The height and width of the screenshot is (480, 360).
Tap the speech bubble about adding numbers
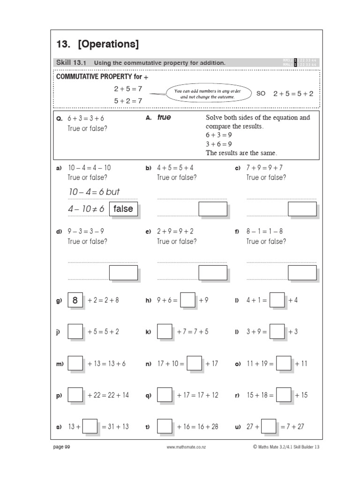(x=207, y=94)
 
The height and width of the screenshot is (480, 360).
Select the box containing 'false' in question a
(x=123, y=209)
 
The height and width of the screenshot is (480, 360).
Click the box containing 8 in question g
(x=75, y=300)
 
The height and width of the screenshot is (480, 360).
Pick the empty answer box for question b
(x=212, y=209)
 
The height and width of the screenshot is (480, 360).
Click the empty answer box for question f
(x=302, y=272)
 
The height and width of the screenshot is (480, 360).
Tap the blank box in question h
(x=187, y=300)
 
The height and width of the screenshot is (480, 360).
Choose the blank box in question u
(x=269, y=427)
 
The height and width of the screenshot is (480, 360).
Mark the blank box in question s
(x=90, y=427)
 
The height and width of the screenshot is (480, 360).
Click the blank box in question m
(x=75, y=363)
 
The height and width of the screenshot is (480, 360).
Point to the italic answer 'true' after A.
(x=164, y=118)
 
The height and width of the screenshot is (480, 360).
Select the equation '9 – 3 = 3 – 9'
(x=86, y=231)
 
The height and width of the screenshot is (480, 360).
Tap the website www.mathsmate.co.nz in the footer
(x=187, y=447)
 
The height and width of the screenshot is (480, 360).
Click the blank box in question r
(x=284, y=395)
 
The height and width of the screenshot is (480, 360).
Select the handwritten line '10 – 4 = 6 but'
(x=94, y=192)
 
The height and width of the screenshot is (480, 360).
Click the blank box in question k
(x=165, y=332)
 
